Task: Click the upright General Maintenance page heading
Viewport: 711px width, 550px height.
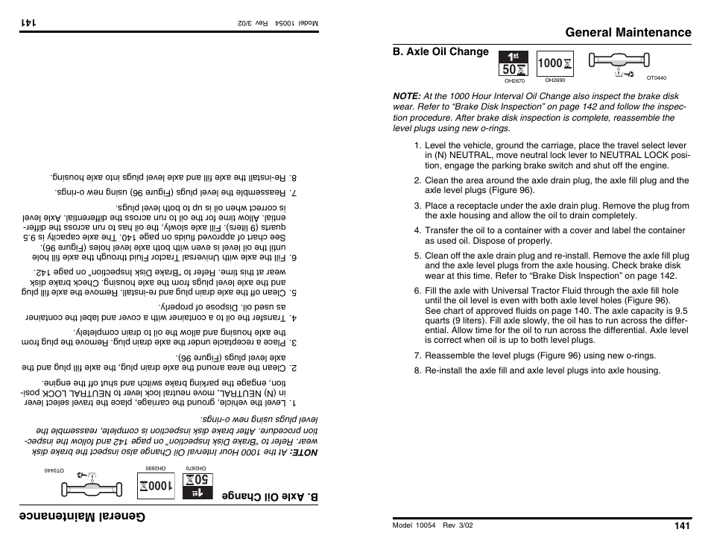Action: coord(628,32)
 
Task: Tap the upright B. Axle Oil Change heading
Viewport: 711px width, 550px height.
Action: coord(440,52)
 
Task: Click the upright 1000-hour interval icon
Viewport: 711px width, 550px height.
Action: coord(554,63)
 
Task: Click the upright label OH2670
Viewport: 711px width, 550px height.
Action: coord(515,81)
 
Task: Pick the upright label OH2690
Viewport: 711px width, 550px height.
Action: coord(554,80)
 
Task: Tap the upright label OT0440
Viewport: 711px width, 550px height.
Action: coord(656,78)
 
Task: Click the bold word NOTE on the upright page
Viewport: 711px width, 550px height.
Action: coord(406,96)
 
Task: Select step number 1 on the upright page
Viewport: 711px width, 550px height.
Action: coord(417,146)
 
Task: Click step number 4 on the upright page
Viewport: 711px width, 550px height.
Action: coord(417,231)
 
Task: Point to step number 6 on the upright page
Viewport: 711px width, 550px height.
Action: coord(417,291)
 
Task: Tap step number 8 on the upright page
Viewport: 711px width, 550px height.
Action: coord(417,370)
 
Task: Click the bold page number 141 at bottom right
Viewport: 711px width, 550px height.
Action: coord(683,525)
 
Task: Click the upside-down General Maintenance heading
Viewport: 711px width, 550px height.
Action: coord(83,517)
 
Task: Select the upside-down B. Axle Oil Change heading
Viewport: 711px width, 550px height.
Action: coord(271,497)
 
